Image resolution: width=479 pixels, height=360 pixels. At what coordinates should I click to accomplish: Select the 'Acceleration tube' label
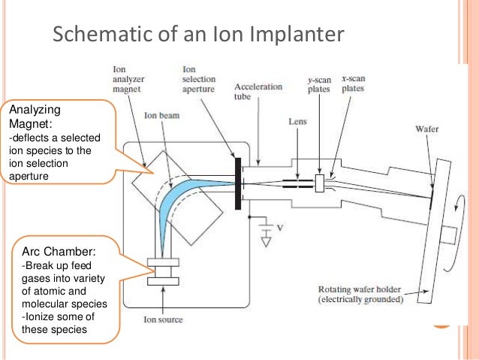pyautogui.click(x=257, y=91)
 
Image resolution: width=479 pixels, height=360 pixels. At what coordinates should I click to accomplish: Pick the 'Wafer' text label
pyautogui.click(x=426, y=129)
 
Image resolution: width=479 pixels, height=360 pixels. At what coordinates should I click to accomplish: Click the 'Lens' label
pyautogui.click(x=298, y=120)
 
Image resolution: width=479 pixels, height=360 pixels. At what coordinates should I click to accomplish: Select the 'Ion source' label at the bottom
pyautogui.click(x=163, y=319)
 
